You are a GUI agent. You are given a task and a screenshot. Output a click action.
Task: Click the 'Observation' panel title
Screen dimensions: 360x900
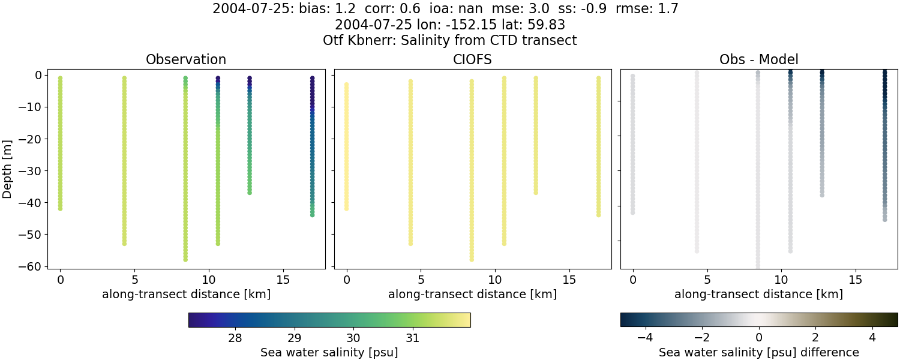[x=186, y=60]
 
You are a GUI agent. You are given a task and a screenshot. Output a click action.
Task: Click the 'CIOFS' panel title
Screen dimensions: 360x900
[x=472, y=60]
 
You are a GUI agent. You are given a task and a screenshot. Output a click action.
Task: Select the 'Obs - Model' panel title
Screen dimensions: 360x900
[x=759, y=60]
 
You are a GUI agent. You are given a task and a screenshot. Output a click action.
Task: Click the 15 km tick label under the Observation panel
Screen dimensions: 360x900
[x=283, y=280]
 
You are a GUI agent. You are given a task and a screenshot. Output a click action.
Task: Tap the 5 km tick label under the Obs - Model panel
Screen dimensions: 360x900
[x=707, y=280]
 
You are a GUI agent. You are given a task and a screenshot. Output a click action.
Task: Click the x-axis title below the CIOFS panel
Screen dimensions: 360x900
[x=472, y=295]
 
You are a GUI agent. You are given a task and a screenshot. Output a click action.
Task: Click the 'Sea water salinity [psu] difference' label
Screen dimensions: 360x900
[x=759, y=352]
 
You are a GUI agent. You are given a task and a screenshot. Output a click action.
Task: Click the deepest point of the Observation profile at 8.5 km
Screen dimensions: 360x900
[x=185, y=259]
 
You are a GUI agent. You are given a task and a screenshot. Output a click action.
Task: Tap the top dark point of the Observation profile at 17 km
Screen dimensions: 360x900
[x=312, y=79]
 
